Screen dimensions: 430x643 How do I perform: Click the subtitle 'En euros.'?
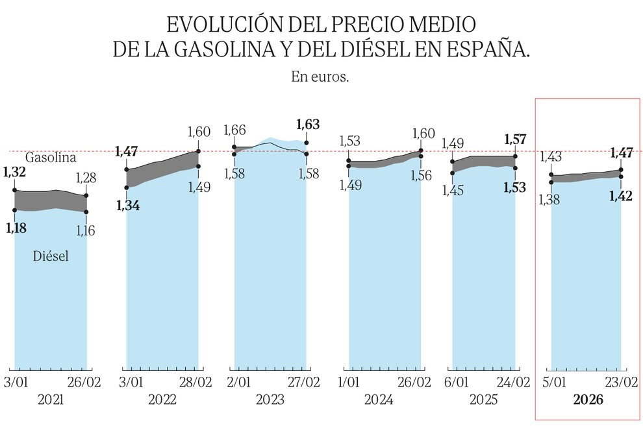pyautogui.click(x=321, y=77)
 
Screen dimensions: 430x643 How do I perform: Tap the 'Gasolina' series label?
pyautogui.click(x=51, y=158)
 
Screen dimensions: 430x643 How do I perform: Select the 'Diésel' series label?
pyautogui.click(x=51, y=257)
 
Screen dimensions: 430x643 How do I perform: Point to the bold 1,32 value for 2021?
pyautogui.click(x=15, y=172)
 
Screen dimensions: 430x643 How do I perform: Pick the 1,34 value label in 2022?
pyautogui.click(x=127, y=206)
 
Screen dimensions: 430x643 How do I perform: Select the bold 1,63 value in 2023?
pyautogui.click(x=308, y=125)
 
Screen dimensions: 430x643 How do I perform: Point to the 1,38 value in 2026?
pyautogui.click(x=550, y=199)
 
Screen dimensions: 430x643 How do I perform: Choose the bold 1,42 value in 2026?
pyautogui.click(x=622, y=196)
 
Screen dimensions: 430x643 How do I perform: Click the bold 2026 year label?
pyautogui.click(x=588, y=401)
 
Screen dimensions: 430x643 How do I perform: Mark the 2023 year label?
pyautogui.click(x=270, y=401)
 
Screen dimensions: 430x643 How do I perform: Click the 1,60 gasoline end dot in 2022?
pyautogui.click(x=198, y=151)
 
